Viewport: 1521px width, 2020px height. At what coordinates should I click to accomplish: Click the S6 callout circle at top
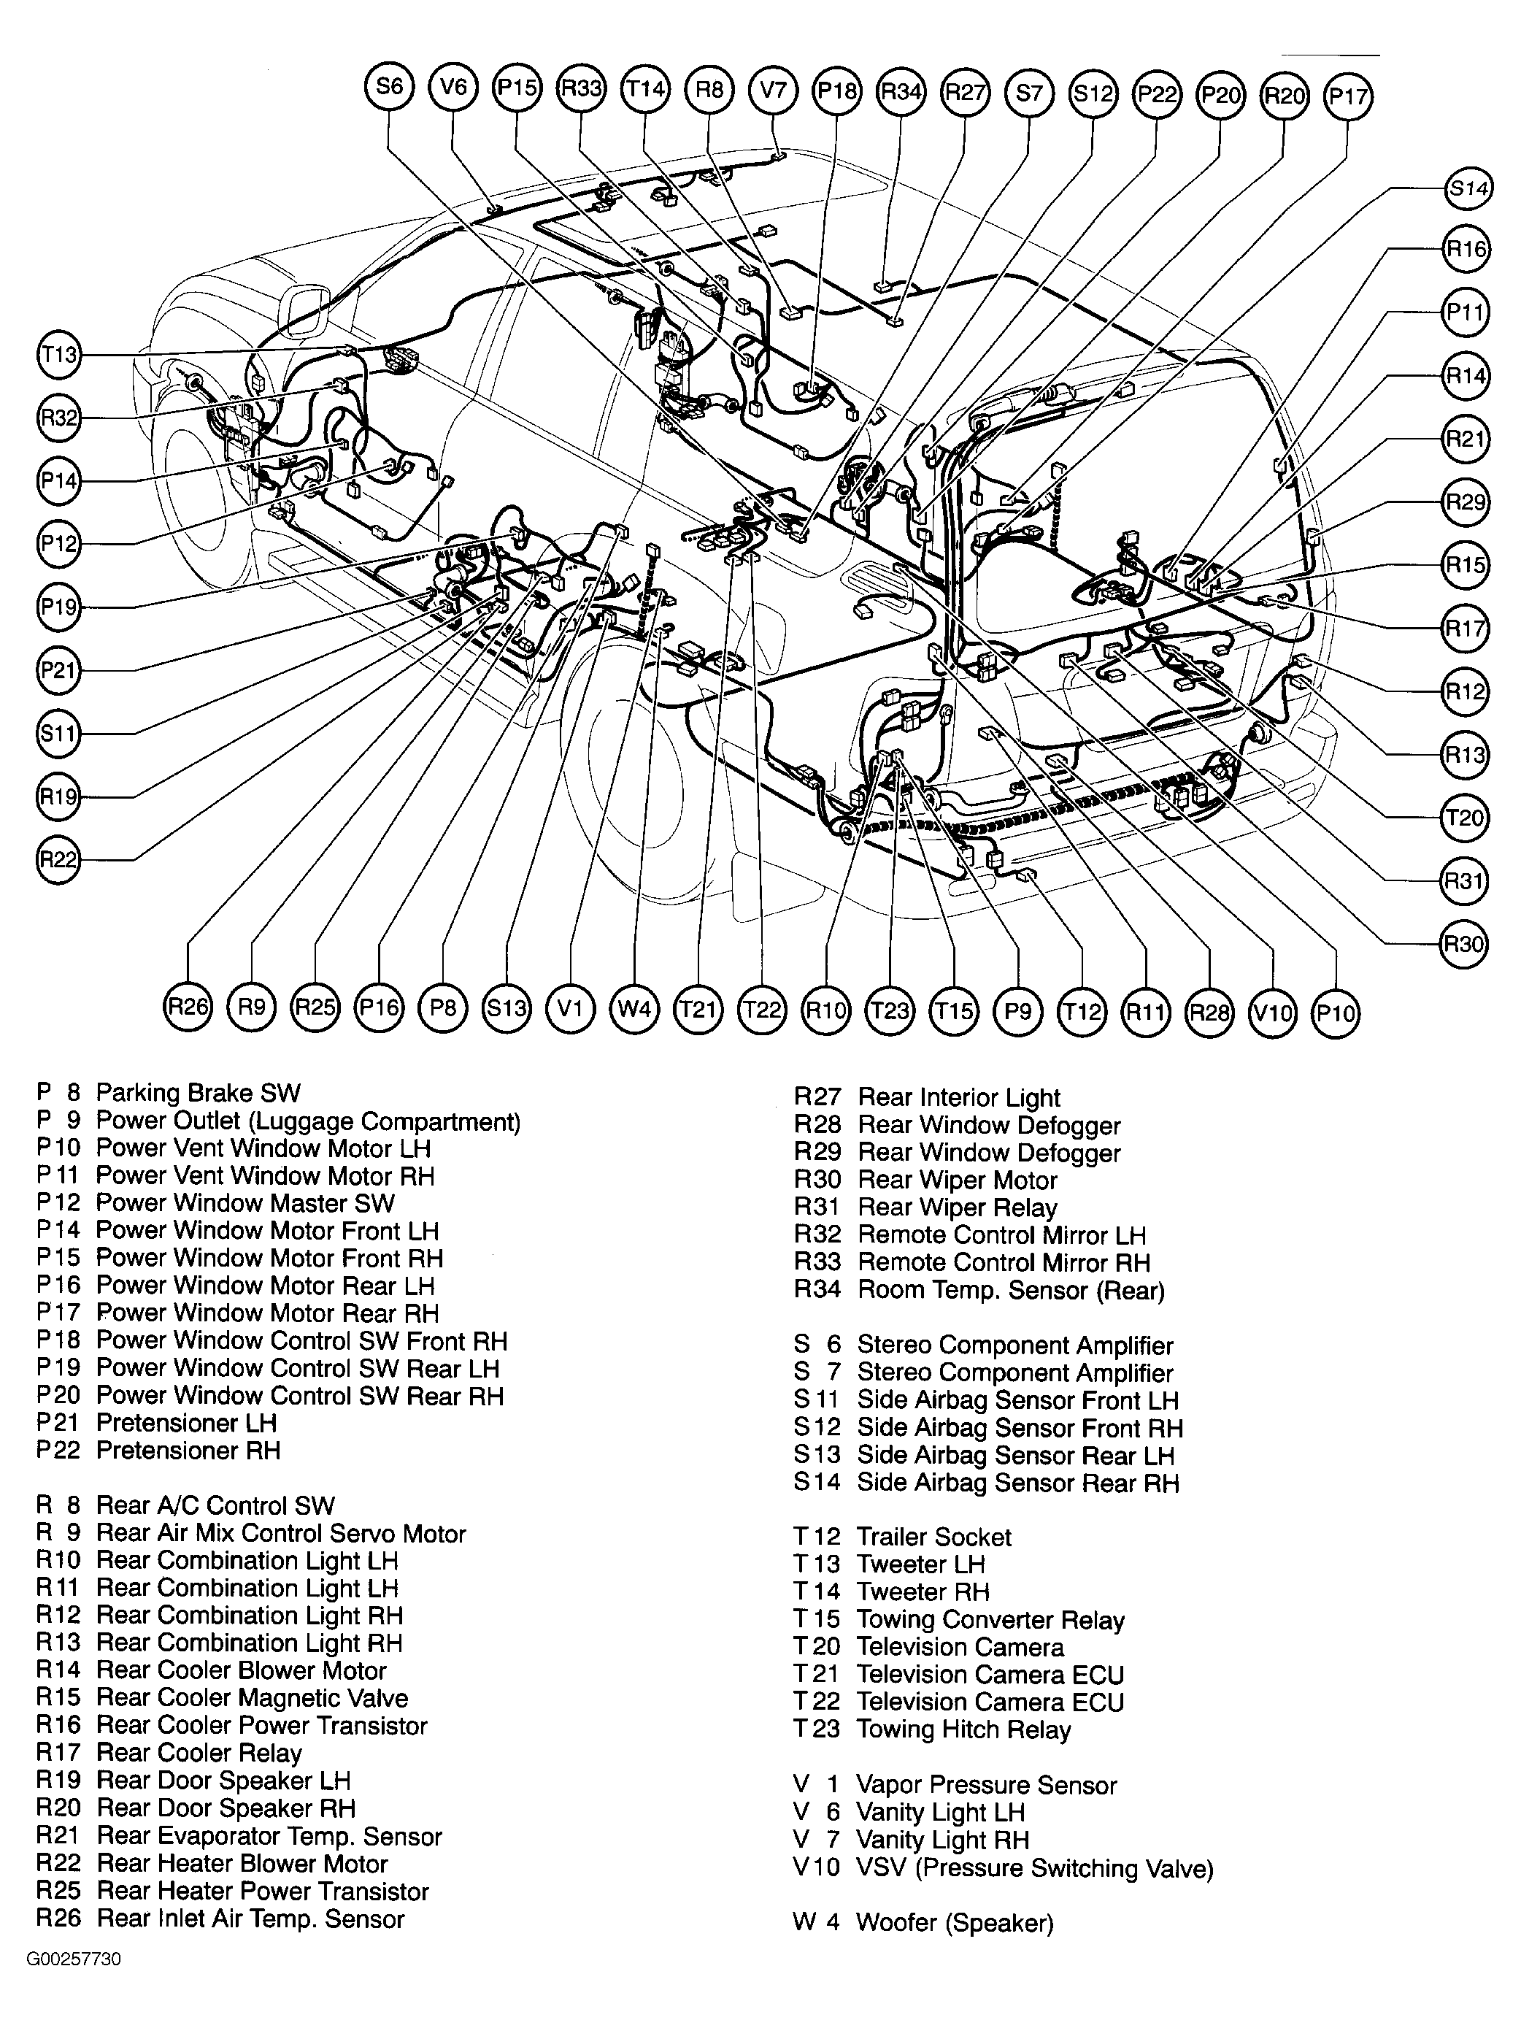click(390, 87)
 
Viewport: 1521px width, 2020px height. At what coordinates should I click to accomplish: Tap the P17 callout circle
click(1349, 96)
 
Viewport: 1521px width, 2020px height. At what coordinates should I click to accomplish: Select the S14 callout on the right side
click(1468, 189)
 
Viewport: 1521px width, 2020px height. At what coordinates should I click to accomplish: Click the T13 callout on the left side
click(59, 354)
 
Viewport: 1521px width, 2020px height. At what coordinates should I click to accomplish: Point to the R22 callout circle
click(58, 860)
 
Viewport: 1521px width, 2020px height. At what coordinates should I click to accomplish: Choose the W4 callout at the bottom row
click(634, 1009)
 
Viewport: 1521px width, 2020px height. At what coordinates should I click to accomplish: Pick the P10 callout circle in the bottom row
click(1336, 1013)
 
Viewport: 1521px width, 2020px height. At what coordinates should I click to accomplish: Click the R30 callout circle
click(1463, 943)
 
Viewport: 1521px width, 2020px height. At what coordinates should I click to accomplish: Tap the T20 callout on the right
click(1464, 818)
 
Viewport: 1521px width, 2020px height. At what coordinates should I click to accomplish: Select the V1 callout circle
click(570, 1008)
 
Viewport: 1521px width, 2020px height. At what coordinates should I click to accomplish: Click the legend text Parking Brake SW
click(198, 1093)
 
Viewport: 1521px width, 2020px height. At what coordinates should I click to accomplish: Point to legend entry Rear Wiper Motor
click(957, 1180)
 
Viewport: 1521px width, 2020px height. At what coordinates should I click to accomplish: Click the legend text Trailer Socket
click(933, 1537)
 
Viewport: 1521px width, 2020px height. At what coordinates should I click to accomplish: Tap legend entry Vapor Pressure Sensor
click(986, 1786)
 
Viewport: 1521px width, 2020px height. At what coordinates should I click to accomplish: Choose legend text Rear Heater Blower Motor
click(242, 1864)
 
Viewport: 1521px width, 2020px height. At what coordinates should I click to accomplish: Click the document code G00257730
click(73, 1959)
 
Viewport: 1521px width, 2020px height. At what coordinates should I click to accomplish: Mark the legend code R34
click(817, 1291)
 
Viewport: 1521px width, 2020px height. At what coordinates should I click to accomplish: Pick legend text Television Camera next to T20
click(960, 1648)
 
